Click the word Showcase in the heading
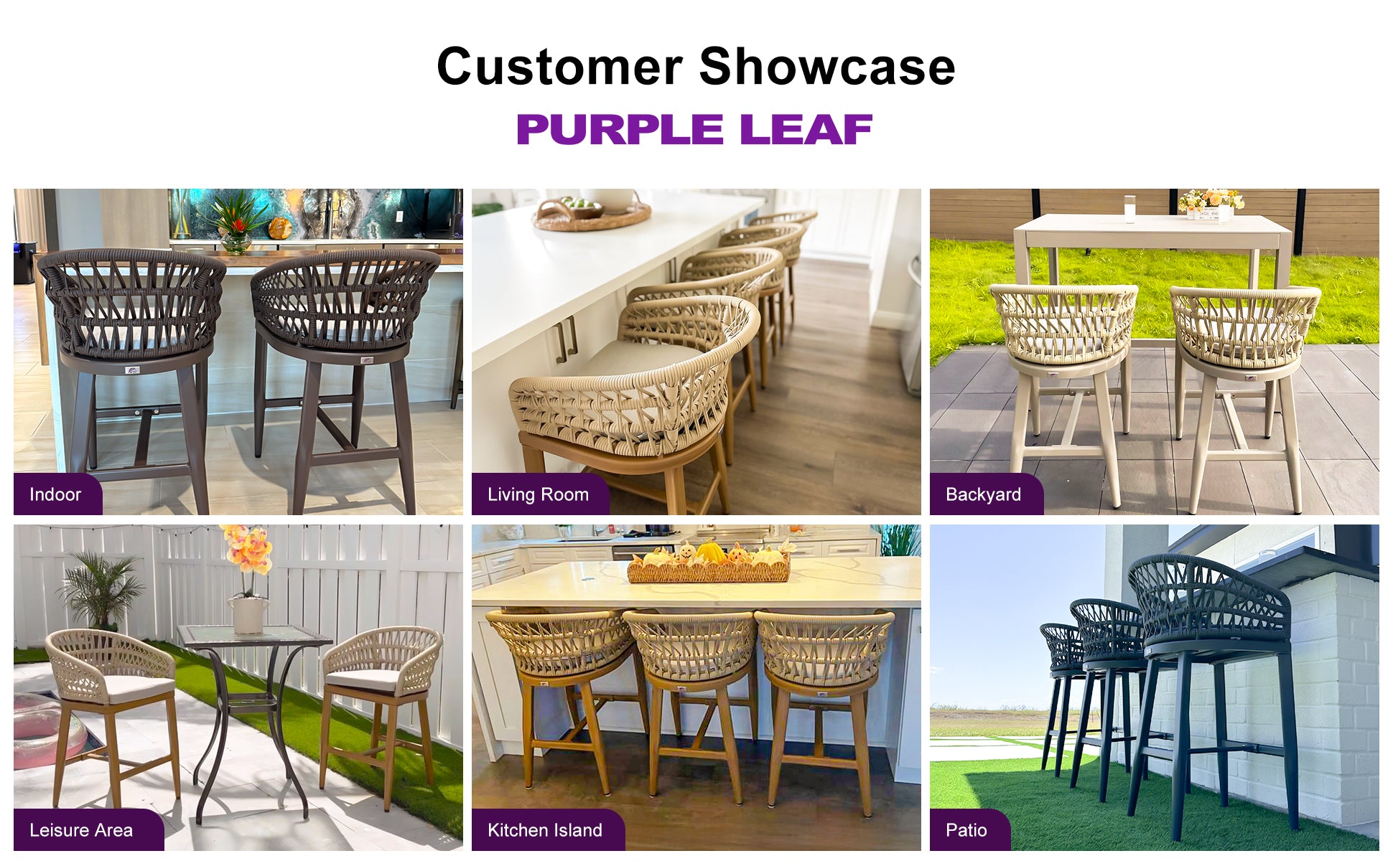pyautogui.click(x=826, y=67)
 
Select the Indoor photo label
pyautogui.click(x=55, y=494)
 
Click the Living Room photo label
pyautogui.click(x=538, y=494)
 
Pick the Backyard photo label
pyautogui.click(x=983, y=494)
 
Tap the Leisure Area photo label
pyautogui.click(x=81, y=830)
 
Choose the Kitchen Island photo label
pyautogui.click(x=545, y=830)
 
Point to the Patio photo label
pyautogui.click(x=966, y=830)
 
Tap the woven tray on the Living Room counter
pyautogui.click(x=592, y=213)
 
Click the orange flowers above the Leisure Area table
pyautogui.click(x=246, y=550)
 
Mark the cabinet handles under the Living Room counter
pyautogui.click(x=567, y=338)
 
